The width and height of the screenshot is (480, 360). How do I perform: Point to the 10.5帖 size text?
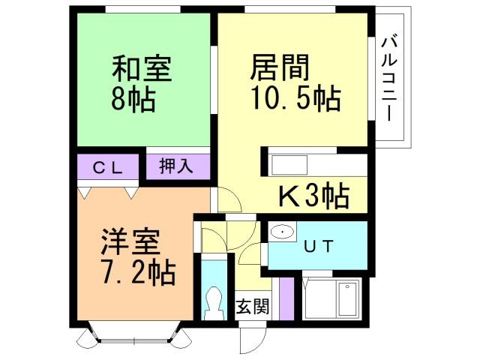(295, 97)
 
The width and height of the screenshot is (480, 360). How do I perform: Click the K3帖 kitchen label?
(313, 196)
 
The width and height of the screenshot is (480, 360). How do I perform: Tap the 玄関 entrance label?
(250, 308)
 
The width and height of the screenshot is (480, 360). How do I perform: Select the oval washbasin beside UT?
(282, 232)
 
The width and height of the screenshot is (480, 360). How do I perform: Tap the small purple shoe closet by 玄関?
(286, 297)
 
